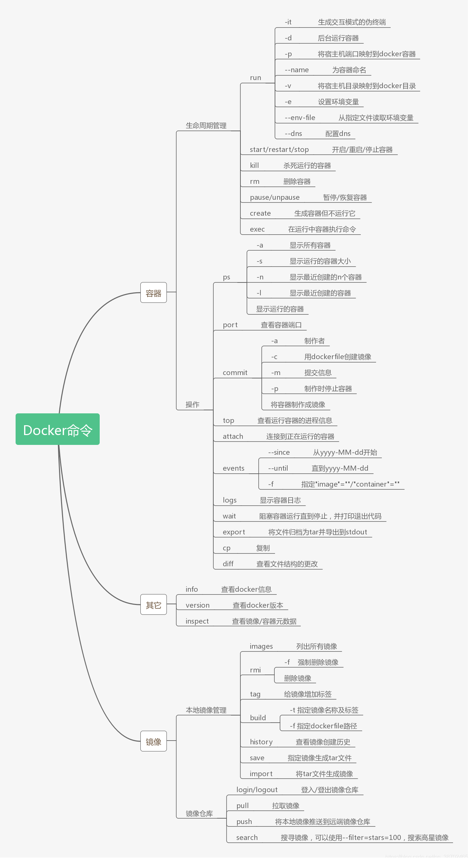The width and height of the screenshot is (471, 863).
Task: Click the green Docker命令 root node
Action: coord(58,429)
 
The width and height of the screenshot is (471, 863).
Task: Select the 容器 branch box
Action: coord(154,293)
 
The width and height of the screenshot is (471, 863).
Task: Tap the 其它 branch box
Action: coord(154,605)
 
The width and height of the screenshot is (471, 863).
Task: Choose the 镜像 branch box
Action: coord(154,741)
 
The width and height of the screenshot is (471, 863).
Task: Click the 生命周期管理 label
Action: coord(206,126)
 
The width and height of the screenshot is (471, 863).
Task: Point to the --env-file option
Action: coord(300,118)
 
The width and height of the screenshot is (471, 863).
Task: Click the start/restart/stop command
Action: coord(279,150)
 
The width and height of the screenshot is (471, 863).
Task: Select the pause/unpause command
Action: coord(275,197)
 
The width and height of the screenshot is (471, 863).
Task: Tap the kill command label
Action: coord(254,165)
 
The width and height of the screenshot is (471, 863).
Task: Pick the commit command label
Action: coord(235,373)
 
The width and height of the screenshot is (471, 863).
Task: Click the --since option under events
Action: coord(279,452)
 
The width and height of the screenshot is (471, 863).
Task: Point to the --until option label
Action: coord(278,468)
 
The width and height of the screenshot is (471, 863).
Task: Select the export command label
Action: coord(234,532)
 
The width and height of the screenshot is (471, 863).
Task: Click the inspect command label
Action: coord(197,621)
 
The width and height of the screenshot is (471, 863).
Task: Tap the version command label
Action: coord(197,605)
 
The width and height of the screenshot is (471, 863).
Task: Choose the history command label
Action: coord(261,742)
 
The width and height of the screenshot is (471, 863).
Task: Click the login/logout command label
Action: coord(257,790)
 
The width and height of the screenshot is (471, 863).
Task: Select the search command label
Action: coord(247,838)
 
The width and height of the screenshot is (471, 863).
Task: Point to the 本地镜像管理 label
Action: coord(206,710)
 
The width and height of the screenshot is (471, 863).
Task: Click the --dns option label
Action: coord(293,134)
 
